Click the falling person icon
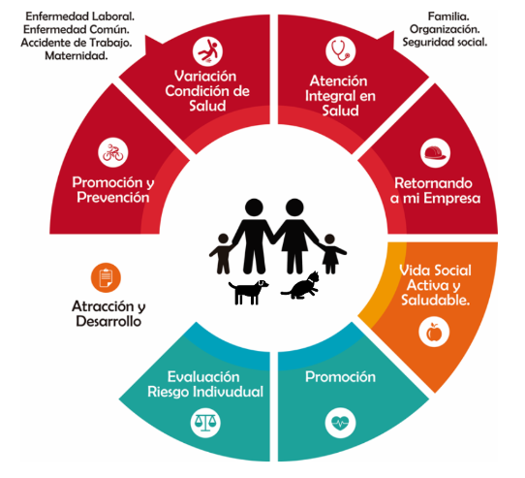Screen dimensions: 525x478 [x=207, y=51]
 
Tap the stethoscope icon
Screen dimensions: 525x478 [x=341, y=51]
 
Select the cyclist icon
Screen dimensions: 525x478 [x=113, y=152]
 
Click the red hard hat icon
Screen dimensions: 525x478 [x=435, y=152]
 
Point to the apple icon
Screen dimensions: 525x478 [x=434, y=332]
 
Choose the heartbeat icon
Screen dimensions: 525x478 [x=340, y=423]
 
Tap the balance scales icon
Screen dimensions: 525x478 [x=205, y=423]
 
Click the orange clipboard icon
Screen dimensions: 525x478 [x=106, y=277]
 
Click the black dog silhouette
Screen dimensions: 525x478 [x=248, y=292]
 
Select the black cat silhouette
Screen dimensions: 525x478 [x=300, y=286]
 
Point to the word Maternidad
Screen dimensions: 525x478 [x=77, y=55]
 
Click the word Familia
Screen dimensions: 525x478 [x=448, y=16]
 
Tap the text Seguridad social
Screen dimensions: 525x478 [x=445, y=43]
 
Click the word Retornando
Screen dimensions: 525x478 [x=433, y=183]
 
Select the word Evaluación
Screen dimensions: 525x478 [x=203, y=377]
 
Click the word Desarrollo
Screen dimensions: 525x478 [x=108, y=321]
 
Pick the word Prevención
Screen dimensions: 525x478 [x=113, y=197]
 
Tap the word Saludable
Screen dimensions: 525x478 [x=435, y=300]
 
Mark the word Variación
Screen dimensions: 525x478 [x=205, y=76]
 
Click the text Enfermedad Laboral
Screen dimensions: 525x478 [x=80, y=16]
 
